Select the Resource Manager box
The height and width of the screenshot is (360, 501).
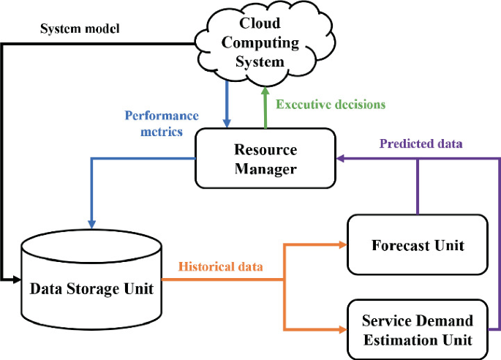265,158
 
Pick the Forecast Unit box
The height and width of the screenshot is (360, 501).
417,244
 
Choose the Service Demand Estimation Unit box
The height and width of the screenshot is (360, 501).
417,329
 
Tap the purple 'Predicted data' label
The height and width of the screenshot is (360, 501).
420,143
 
